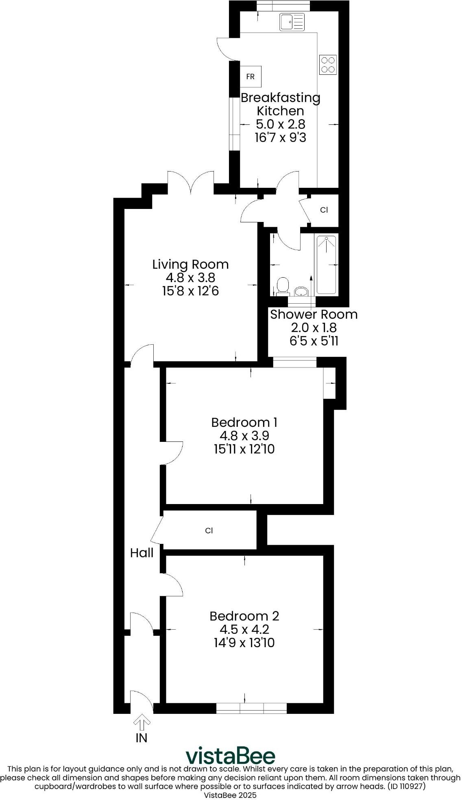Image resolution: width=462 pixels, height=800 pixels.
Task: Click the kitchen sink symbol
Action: pyautogui.click(x=292, y=22)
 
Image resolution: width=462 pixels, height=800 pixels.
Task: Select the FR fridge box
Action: pyautogui.click(x=251, y=76)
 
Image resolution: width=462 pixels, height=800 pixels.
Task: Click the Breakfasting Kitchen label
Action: pyautogui.click(x=280, y=104)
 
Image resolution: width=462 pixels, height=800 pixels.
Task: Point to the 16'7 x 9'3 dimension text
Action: pyautogui.click(x=280, y=137)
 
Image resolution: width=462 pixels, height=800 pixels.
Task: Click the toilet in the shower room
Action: pyautogui.click(x=281, y=285)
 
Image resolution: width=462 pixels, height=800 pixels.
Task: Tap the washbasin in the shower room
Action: pyautogui.click(x=301, y=291)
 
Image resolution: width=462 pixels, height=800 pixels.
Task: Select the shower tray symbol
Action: pyautogui.click(x=326, y=264)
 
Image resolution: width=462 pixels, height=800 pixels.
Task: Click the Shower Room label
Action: pyautogui.click(x=314, y=314)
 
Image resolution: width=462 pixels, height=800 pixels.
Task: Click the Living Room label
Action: pyautogui.click(x=190, y=264)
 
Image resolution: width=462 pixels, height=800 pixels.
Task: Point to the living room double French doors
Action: pyautogui.click(x=191, y=182)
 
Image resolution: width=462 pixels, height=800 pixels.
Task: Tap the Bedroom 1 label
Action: pyautogui.click(x=244, y=422)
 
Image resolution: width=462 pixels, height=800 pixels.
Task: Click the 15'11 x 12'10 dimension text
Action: pyautogui.click(x=244, y=449)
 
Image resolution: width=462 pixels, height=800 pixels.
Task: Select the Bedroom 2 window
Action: pyautogui.click(x=251, y=709)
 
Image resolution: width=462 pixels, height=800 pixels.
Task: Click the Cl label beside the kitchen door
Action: pyautogui.click(x=324, y=210)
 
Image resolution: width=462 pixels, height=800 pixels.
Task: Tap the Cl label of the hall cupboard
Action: pyautogui.click(x=209, y=530)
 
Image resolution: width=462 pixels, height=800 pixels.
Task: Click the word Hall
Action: pyautogui.click(x=142, y=553)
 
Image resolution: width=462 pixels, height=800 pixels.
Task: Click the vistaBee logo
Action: pyautogui.click(x=231, y=755)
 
